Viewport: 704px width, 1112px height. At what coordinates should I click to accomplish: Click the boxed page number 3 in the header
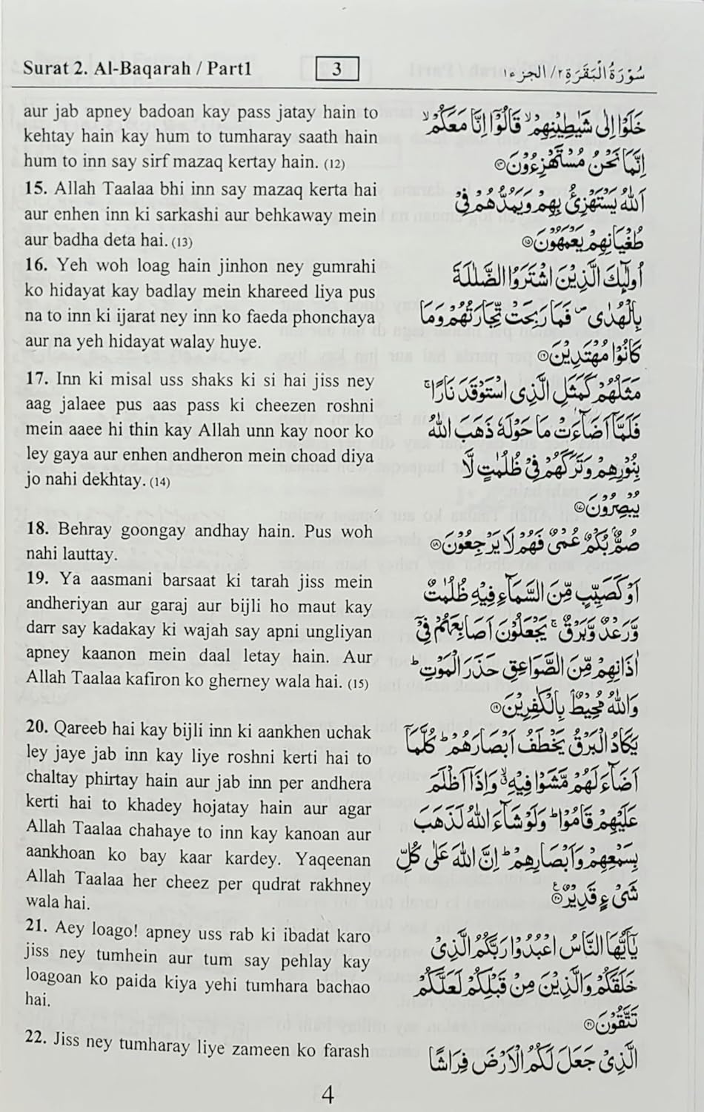click(337, 70)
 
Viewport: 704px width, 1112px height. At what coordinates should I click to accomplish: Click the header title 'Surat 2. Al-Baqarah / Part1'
click(138, 70)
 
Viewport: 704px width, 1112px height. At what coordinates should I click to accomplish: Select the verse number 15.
click(36, 189)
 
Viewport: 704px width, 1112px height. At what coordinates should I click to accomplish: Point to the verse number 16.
click(36, 266)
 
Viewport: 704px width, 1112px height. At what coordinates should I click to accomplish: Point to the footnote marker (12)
click(335, 163)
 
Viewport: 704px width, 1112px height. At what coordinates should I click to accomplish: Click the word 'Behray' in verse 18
click(83, 531)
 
